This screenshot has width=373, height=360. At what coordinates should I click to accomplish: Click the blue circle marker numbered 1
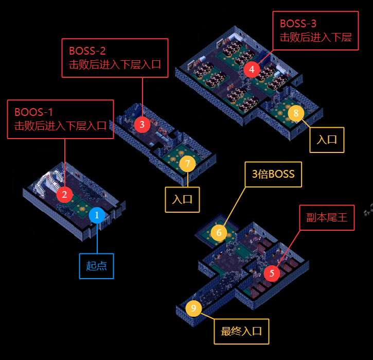click(x=97, y=215)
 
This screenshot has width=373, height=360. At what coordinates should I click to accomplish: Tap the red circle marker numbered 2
click(x=64, y=195)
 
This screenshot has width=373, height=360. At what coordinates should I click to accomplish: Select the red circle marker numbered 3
click(x=142, y=124)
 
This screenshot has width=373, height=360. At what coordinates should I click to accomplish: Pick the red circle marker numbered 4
click(x=252, y=69)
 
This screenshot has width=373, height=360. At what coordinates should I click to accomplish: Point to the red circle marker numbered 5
click(x=272, y=273)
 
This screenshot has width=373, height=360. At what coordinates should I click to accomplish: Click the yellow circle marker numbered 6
click(x=219, y=233)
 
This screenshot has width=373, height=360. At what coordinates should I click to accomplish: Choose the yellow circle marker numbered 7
click(x=187, y=164)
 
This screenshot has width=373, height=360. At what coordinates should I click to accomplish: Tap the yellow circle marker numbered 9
click(x=193, y=308)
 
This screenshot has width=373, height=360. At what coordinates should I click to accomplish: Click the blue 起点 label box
click(x=96, y=266)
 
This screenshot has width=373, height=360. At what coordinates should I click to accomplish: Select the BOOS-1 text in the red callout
click(x=33, y=112)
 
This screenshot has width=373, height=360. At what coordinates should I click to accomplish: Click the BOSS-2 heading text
click(x=87, y=51)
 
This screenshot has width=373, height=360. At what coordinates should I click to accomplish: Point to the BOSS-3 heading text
click(x=298, y=24)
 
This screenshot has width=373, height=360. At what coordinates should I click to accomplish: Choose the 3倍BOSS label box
click(x=273, y=174)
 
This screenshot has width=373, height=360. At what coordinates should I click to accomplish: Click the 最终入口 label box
click(x=241, y=331)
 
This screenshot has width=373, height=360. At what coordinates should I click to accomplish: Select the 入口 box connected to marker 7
click(x=182, y=199)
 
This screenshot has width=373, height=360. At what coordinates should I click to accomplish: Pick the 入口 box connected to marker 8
click(x=327, y=140)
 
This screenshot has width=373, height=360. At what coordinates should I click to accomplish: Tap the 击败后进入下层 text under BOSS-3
click(x=315, y=38)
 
